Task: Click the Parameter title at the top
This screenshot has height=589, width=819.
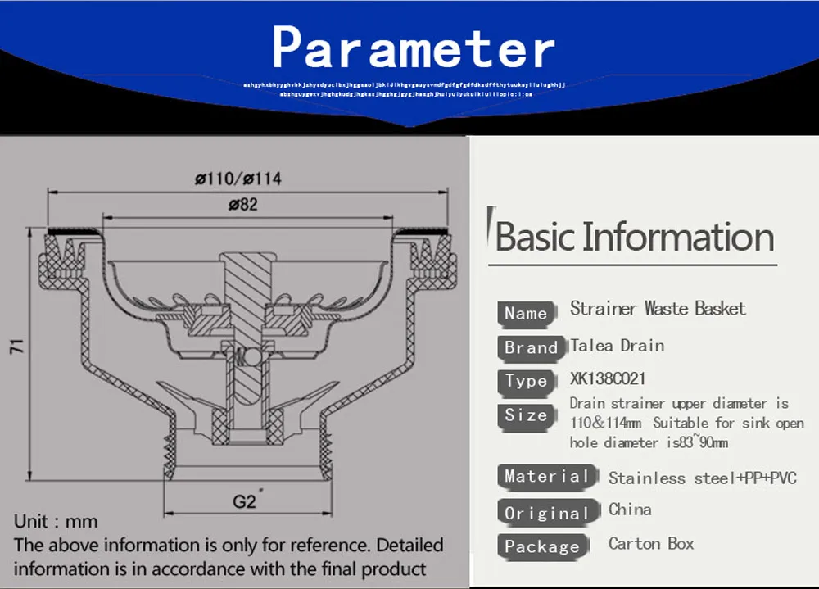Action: coord(413,47)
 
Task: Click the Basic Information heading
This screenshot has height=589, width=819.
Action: coord(635,237)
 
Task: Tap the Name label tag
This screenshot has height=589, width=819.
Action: coord(526,313)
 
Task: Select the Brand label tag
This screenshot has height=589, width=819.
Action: coord(531,347)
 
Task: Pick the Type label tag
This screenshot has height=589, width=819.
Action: coord(526,381)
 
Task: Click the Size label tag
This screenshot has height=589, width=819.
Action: coord(526,415)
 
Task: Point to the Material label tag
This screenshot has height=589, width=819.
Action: coord(546,476)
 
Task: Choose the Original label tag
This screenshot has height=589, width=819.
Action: coord(546,513)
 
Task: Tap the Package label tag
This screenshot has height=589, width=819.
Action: coord(541,546)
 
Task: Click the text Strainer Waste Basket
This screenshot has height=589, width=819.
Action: coord(658,309)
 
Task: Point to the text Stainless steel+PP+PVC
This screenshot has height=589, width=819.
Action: coord(702,478)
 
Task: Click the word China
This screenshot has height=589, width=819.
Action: coord(630,510)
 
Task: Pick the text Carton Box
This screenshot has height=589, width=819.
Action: coord(651,543)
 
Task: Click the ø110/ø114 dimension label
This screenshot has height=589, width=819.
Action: coord(238,179)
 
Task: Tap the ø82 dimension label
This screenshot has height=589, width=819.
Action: coord(242,205)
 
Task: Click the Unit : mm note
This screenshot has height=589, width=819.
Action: coord(56,522)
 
